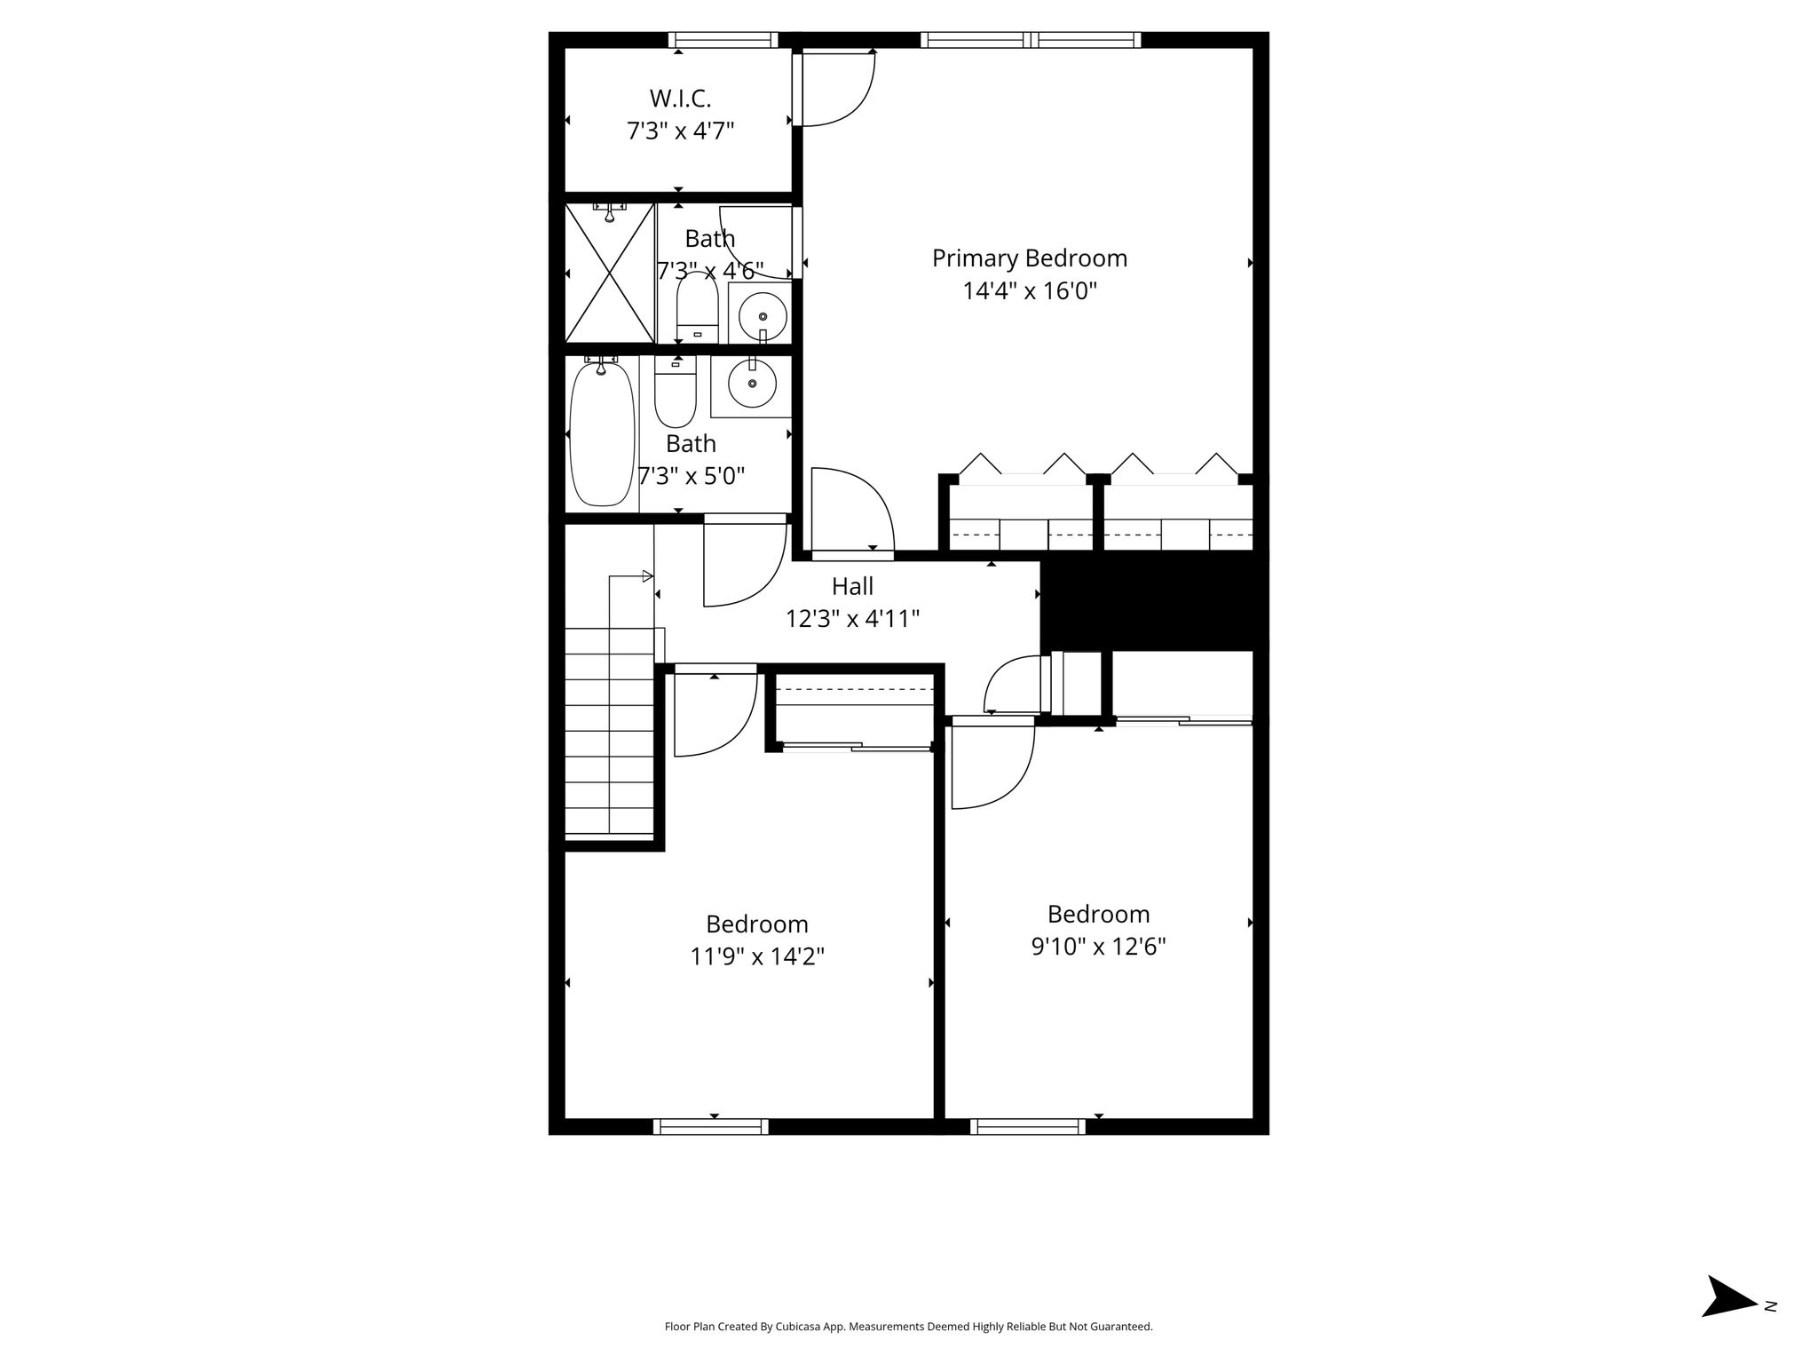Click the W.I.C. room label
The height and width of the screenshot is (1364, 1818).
[680, 98]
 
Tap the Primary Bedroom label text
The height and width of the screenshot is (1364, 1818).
[1030, 258]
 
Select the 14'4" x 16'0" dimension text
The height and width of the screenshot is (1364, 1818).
[1030, 291]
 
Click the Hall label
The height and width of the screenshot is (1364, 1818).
[852, 586]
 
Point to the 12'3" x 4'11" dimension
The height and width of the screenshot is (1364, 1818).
[852, 619]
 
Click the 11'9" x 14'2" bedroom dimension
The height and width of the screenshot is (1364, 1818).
[757, 956]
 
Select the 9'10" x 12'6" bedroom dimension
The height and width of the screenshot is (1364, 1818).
[1098, 947]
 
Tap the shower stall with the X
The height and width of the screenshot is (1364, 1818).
[610, 273]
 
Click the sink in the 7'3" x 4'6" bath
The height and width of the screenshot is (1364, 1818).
[760, 313]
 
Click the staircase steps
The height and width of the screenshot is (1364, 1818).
[610, 731]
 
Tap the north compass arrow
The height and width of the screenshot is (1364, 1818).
[1729, 1321]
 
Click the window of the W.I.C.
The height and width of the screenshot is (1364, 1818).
[723, 40]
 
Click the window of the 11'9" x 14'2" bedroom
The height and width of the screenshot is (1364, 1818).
[711, 1127]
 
